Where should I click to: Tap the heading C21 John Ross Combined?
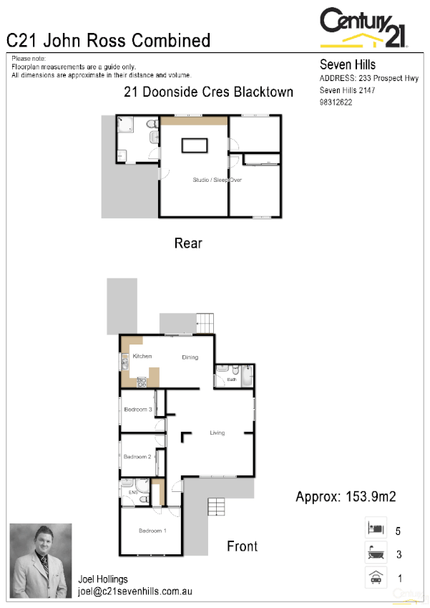point(109,40)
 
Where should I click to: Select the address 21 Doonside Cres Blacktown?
point(209,92)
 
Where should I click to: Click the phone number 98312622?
point(336,102)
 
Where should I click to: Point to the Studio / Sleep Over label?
point(218,180)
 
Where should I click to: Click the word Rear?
point(188,243)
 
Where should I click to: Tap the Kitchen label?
point(142,357)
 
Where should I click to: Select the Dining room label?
point(190,357)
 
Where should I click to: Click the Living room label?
point(218,433)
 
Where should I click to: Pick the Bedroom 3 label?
point(137,410)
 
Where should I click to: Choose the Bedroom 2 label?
point(137,456)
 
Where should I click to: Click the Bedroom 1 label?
point(152,531)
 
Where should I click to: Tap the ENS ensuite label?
point(133,493)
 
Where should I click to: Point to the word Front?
point(242,546)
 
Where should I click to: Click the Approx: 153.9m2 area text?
point(346,496)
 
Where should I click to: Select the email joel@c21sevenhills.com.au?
point(135,592)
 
